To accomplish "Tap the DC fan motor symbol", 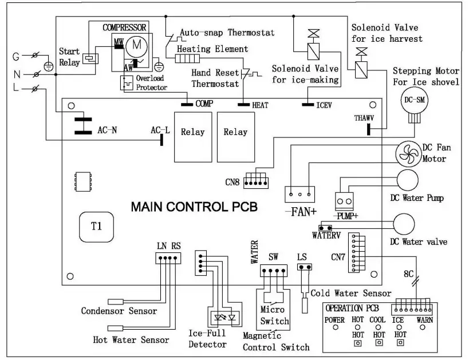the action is tap(408, 154).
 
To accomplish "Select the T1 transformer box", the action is tap(96, 227).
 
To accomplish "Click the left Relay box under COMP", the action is tap(193, 137).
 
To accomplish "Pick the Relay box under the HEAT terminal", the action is tap(236, 137).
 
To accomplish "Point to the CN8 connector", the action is tap(256, 183).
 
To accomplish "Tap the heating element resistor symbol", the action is tap(187, 58).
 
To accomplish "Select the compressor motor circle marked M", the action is tap(136, 46).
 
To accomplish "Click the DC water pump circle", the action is tap(407, 180).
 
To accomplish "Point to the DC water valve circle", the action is tap(404, 224).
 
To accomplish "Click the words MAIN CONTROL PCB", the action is tap(195, 207).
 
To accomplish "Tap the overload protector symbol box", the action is tap(127, 83).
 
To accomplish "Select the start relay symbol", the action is tap(90, 58).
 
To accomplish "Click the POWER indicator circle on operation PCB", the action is tap(336, 327).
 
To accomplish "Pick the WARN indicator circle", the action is tap(423, 327).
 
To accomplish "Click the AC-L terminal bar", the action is tap(162, 140).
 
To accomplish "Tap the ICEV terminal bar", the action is tap(308, 105).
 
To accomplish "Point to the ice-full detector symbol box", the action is tap(224, 318).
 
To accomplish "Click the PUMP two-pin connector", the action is tap(344, 201).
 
